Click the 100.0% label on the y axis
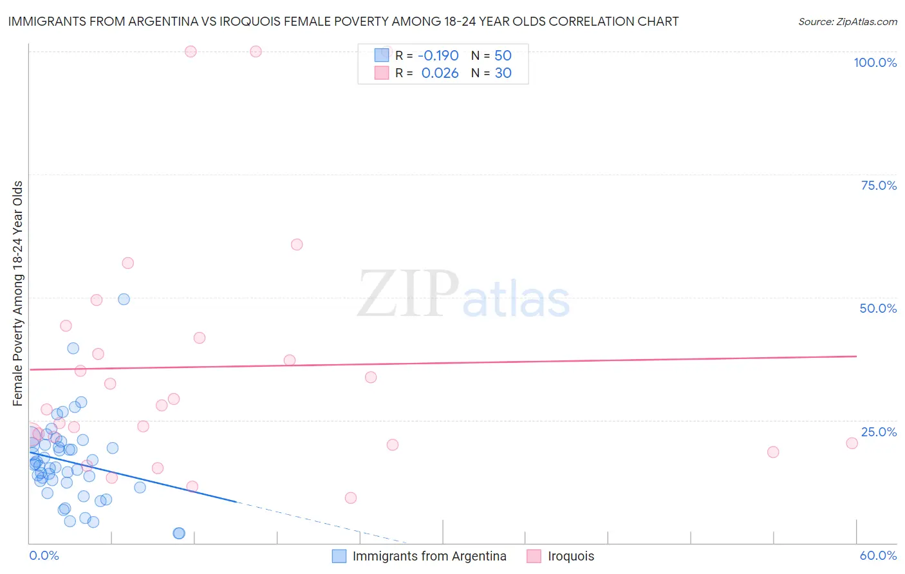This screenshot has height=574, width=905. [x=875, y=62]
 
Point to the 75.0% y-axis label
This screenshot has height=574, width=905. [x=879, y=185]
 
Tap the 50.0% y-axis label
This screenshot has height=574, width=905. [x=878, y=308]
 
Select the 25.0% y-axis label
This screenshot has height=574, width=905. [x=879, y=432]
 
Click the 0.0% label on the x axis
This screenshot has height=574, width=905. [x=44, y=555]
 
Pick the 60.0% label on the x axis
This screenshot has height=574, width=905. [x=878, y=555]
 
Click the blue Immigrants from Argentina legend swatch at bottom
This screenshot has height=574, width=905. [x=339, y=556]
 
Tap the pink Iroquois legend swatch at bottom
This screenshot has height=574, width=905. [x=534, y=556]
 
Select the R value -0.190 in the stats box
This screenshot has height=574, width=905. [x=438, y=55]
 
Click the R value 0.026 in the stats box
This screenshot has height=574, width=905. [x=440, y=73]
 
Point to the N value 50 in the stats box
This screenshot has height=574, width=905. [x=503, y=55]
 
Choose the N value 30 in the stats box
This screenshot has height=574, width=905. [x=503, y=73]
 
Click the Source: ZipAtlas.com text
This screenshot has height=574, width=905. [x=847, y=22]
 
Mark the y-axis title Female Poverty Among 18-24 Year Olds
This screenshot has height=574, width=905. [x=18, y=293]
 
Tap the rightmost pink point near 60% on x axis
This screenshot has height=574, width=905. [x=852, y=443]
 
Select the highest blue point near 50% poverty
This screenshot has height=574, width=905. [x=124, y=299]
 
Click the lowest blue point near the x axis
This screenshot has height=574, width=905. [x=179, y=533]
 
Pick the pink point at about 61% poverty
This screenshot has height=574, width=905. [x=297, y=245]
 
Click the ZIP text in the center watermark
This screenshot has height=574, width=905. [x=408, y=294]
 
